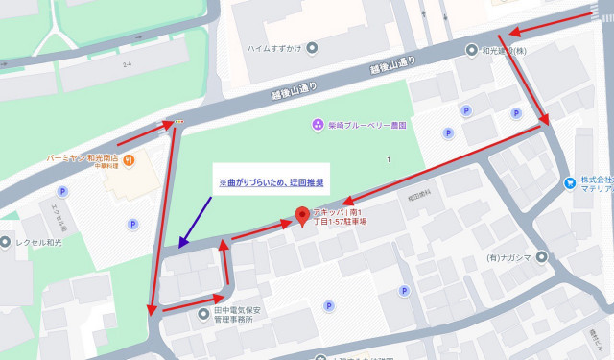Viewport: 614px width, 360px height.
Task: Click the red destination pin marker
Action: coord(304,217)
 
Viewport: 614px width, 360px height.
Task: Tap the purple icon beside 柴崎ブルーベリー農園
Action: coord(319,125)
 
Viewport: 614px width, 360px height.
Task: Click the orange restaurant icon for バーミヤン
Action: coord(128,158)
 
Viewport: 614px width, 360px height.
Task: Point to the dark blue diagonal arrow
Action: coord(196,222)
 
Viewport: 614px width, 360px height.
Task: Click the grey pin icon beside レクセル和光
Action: coord(6,242)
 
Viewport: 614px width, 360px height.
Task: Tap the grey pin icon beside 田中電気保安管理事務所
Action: coord(202,311)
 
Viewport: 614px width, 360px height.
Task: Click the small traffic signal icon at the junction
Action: coord(177,122)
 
